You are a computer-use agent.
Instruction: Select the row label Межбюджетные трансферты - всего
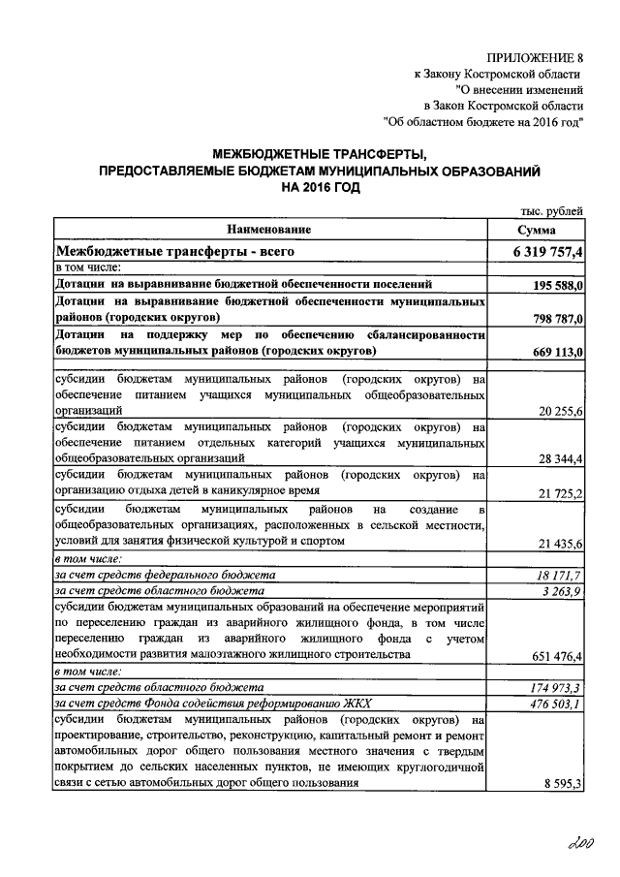pyautogui.click(x=174, y=252)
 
